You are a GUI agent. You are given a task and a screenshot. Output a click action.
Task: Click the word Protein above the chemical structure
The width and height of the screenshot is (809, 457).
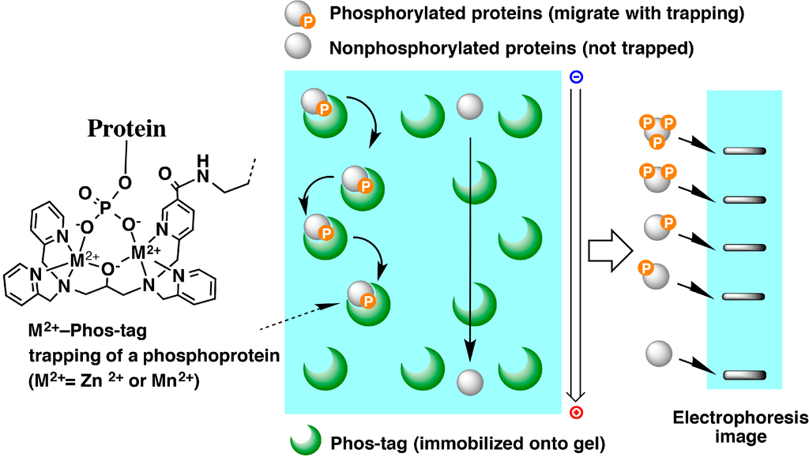click(x=126, y=129)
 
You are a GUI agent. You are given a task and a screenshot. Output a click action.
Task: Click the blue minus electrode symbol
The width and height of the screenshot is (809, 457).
click(x=576, y=77)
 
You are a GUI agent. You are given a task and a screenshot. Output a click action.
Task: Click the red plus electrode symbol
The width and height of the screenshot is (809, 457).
click(x=576, y=412)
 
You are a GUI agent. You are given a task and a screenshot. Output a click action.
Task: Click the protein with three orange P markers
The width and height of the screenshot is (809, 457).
click(x=657, y=130)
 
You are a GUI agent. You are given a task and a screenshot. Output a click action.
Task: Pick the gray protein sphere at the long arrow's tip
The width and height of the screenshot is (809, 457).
click(x=470, y=380)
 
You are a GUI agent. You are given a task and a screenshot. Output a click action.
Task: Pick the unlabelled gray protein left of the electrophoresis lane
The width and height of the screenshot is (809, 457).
click(x=658, y=354)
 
